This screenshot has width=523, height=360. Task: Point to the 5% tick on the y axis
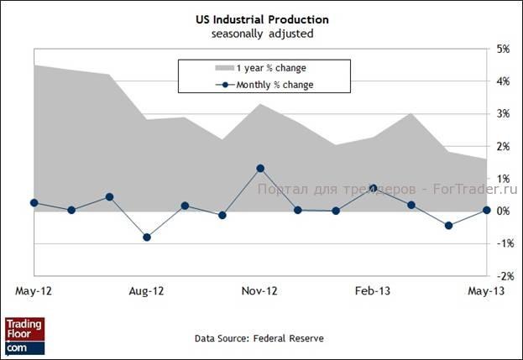pyautogui.click(x=504, y=50)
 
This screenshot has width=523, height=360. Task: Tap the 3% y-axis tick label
pyautogui.click(x=504, y=114)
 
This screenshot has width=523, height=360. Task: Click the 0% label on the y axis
pyautogui.click(x=504, y=211)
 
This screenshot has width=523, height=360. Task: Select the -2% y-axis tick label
pyautogui.click(x=502, y=275)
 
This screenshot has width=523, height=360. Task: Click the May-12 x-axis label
pyautogui.click(x=33, y=291)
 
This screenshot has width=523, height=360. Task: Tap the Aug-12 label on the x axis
pyautogui.click(x=146, y=291)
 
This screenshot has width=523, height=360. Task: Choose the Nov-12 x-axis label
pyautogui.click(x=259, y=291)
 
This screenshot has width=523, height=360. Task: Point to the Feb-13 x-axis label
pyautogui.click(x=373, y=291)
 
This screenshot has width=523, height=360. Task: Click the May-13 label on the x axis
pyautogui.click(x=486, y=291)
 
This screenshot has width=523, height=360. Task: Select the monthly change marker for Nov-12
pyautogui.click(x=260, y=169)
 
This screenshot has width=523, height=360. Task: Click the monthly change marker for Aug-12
pyautogui.click(x=147, y=237)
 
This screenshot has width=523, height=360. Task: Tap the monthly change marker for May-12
pyautogui.click(x=34, y=203)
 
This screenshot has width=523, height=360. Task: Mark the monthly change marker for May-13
pyautogui.click(x=486, y=211)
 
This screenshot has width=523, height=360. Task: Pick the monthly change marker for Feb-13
pyautogui.click(x=373, y=189)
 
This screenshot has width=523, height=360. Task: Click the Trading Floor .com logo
pyautogui.click(x=24, y=335)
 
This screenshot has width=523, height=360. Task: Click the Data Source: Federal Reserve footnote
pyautogui.click(x=259, y=338)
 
